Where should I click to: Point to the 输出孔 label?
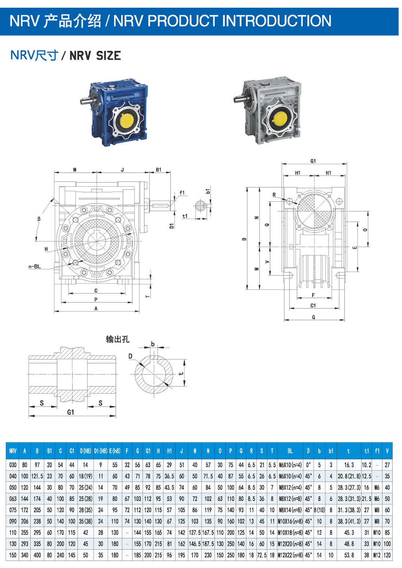117,339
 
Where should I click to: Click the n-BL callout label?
35,266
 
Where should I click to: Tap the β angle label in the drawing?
39,219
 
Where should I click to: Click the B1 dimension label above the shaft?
158,169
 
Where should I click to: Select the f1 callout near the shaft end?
182,193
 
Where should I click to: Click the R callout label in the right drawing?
274,195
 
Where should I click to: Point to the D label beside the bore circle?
130,356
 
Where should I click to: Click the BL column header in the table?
290,451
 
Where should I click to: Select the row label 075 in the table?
13,510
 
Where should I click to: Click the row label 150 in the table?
13,555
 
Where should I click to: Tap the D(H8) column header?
85,451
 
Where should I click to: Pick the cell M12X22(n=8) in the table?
290,555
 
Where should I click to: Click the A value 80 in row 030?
25,465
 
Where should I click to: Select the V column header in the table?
387,451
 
